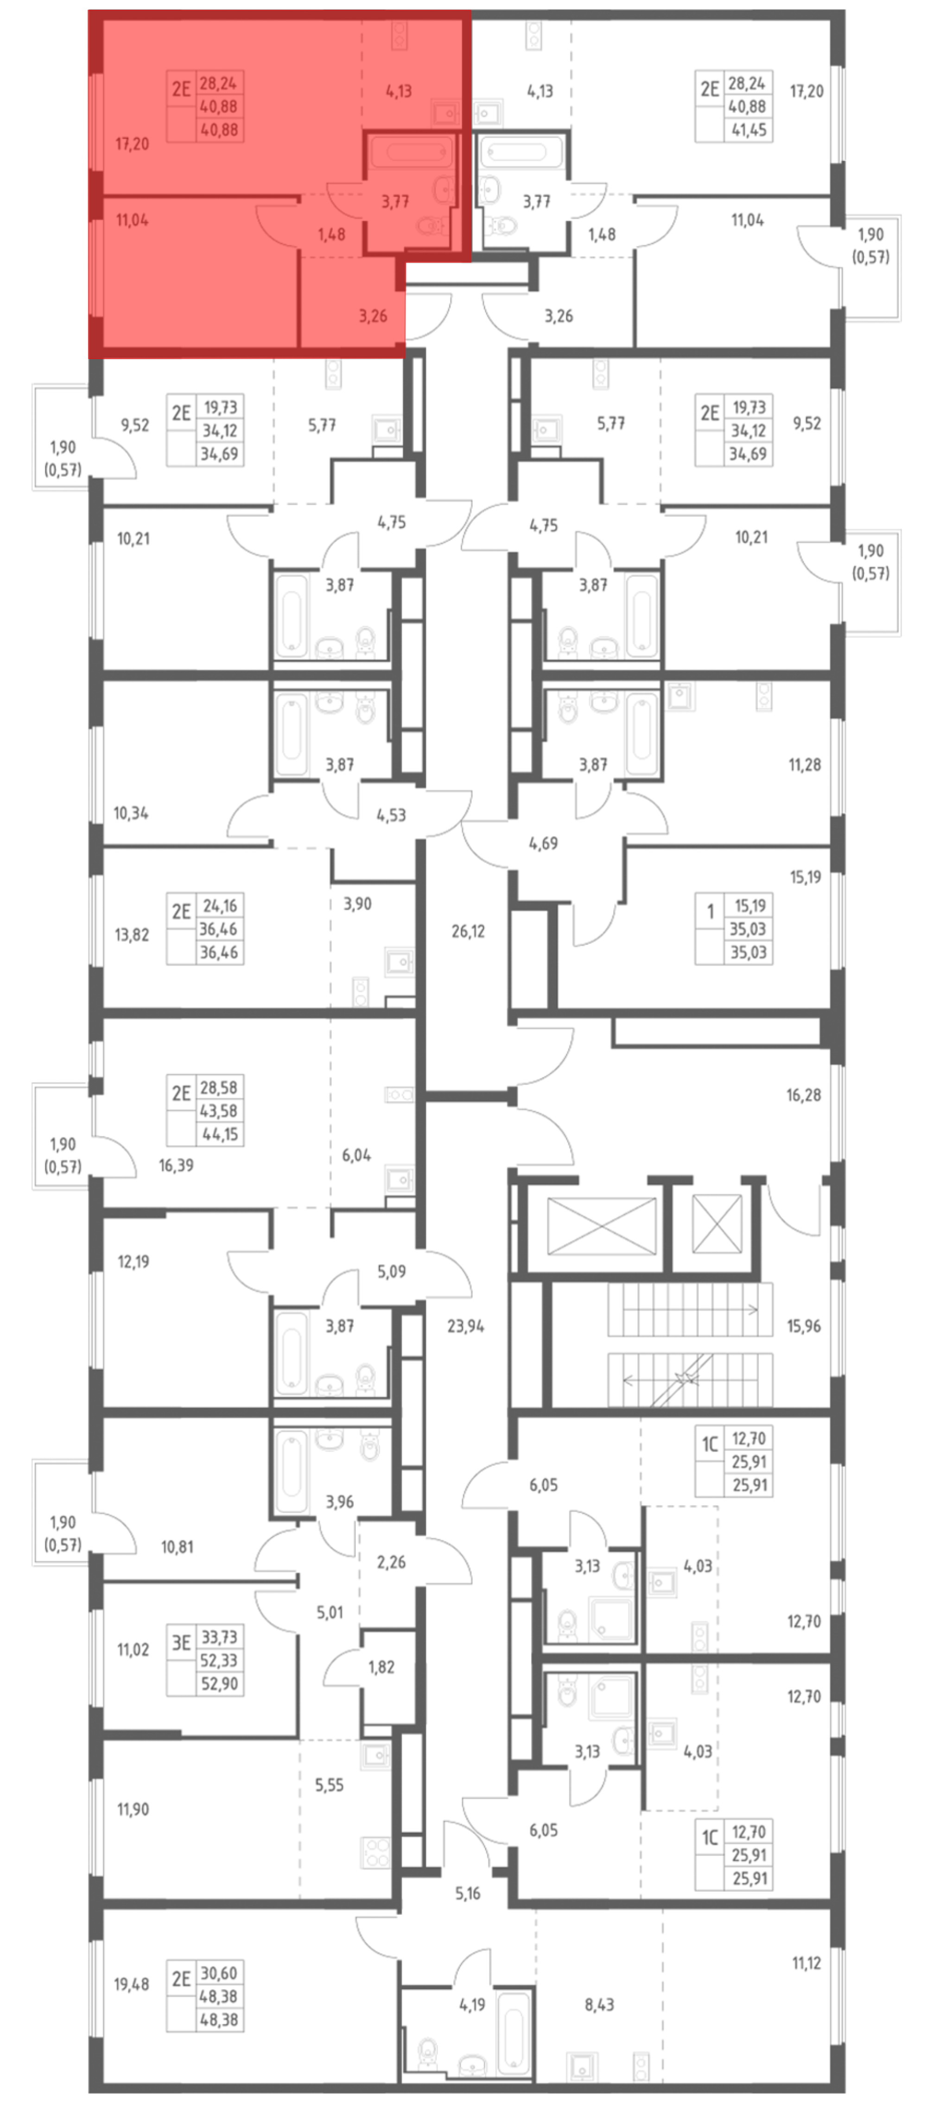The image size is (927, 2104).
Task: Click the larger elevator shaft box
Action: [602, 1225]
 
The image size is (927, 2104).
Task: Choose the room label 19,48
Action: [132, 1983]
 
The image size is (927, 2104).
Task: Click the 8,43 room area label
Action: [599, 2004]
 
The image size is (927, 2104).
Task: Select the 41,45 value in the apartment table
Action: [748, 129]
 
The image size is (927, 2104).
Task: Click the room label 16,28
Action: [804, 1095]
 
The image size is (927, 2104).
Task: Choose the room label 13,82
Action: [132, 934]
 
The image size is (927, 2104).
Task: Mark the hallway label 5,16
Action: [468, 1893]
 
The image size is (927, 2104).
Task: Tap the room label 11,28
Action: [805, 765]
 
